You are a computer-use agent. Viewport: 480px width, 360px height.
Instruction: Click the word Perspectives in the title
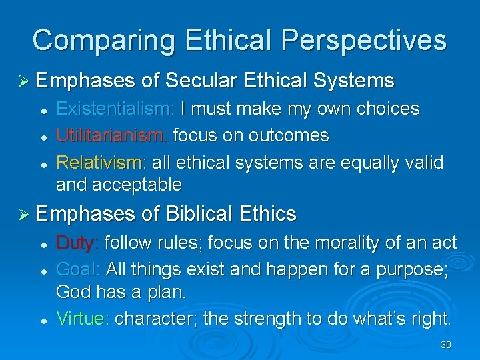coord(365,41)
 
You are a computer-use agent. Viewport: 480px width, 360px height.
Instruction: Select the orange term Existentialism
coord(115,109)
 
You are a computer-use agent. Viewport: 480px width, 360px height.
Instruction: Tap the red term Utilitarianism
coord(111,136)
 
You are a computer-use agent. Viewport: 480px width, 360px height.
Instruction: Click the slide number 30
coord(446,345)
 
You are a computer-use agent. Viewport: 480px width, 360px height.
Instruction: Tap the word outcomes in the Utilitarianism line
coord(288,136)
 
